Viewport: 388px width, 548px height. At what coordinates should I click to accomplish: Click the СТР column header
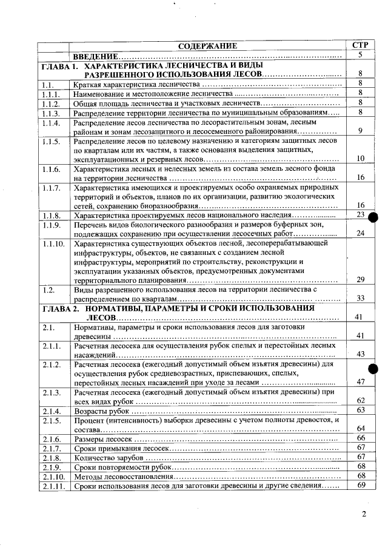(360, 45)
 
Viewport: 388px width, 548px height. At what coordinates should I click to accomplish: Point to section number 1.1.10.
(54, 243)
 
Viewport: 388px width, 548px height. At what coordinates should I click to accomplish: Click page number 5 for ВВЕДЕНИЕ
(360, 55)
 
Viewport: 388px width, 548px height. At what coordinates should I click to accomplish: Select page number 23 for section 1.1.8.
(360, 215)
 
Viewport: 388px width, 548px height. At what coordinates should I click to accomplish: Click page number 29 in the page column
(360, 279)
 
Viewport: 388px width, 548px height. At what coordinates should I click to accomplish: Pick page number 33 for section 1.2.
(360, 298)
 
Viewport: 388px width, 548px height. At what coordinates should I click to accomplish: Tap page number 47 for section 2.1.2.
(360, 381)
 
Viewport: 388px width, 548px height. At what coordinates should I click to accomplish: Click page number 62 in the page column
(360, 400)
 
